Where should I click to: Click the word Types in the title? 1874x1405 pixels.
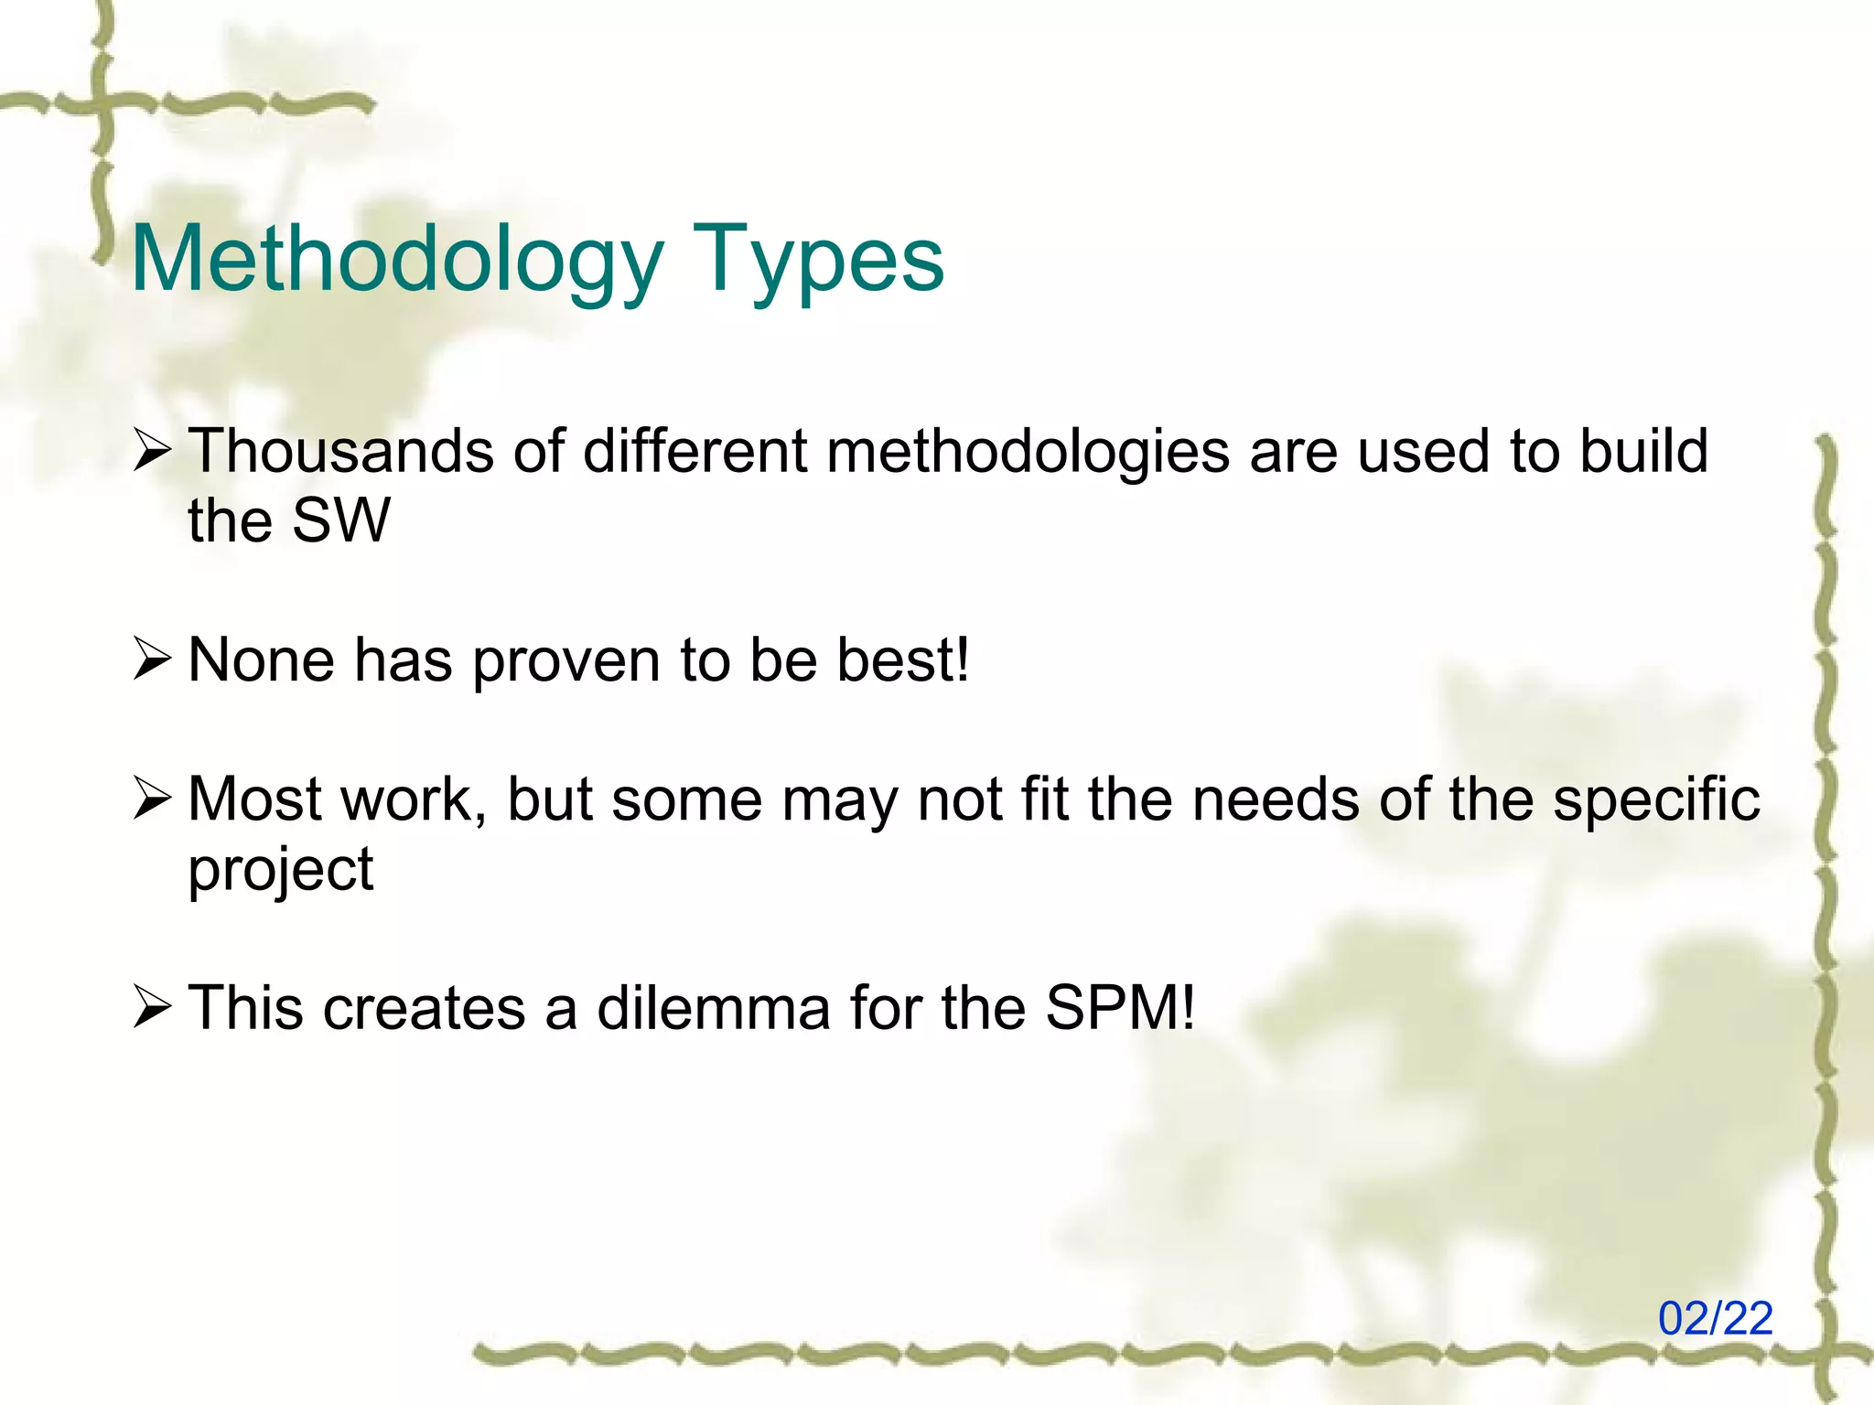[817, 261]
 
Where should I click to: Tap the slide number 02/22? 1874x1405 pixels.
[1716, 1319]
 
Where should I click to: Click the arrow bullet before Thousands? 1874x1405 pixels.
[151, 452]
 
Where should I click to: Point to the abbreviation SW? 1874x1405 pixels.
[340, 520]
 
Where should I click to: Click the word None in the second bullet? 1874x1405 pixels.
[261, 660]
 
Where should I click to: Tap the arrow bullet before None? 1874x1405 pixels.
[151, 660]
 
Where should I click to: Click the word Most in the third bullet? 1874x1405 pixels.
[253, 799]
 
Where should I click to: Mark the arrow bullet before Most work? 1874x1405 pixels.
[151, 799]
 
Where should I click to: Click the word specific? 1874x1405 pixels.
[1656, 799]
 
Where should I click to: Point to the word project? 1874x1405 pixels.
[280, 870]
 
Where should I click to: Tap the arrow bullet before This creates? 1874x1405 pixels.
[151, 1008]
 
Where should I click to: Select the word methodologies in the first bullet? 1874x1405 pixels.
[1028, 453]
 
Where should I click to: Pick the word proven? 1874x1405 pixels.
[566, 661]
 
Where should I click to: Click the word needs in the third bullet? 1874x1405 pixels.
[1275, 799]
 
